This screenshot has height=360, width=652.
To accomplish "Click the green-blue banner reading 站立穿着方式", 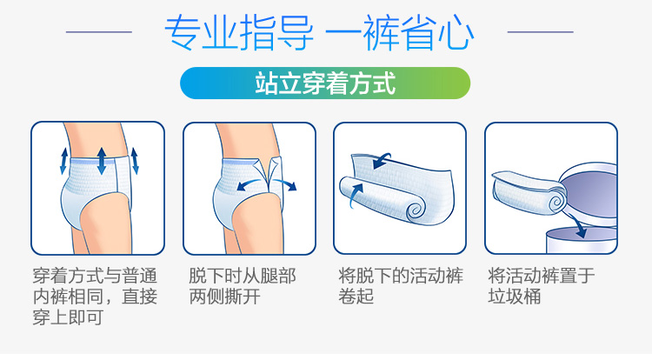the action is click(x=325, y=83).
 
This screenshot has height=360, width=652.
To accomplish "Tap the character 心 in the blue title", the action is click(x=456, y=33).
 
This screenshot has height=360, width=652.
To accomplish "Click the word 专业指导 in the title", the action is click(x=239, y=33).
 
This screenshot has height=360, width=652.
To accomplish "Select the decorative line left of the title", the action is click(x=99, y=31).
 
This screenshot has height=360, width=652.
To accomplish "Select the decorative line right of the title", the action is click(x=540, y=31).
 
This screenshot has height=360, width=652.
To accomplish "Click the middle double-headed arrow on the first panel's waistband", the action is click(x=102, y=161).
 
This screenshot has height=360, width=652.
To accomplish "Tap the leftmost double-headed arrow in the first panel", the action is click(x=63, y=161).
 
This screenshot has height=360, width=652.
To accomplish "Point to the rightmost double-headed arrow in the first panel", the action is click(x=135, y=161).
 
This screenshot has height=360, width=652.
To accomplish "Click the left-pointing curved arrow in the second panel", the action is click(x=251, y=184).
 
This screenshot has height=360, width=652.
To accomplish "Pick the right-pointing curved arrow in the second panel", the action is click(x=285, y=184).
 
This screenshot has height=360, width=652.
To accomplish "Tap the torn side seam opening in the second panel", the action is click(x=269, y=174).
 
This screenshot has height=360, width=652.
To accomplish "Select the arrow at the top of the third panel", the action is click(x=382, y=161).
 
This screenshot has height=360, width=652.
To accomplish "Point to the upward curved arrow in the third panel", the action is click(x=356, y=196).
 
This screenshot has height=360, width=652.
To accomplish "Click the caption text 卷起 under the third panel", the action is click(x=356, y=297).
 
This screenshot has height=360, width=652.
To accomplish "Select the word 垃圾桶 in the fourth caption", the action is click(x=514, y=297).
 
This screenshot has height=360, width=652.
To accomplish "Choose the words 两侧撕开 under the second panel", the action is click(x=225, y=297).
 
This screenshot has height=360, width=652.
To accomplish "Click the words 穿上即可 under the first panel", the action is click(x=68, y=317).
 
